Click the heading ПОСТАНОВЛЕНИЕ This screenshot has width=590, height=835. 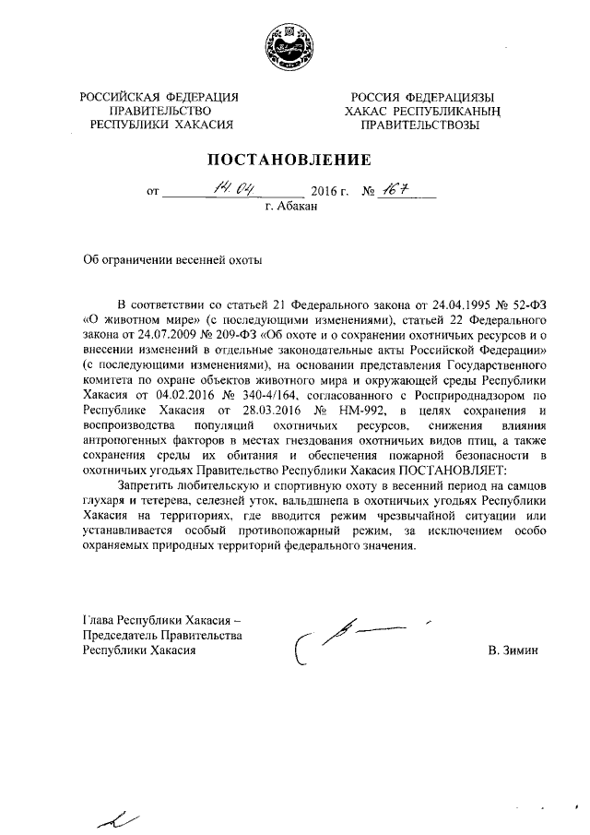(294, 160)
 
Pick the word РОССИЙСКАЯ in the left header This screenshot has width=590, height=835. (120, 96)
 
